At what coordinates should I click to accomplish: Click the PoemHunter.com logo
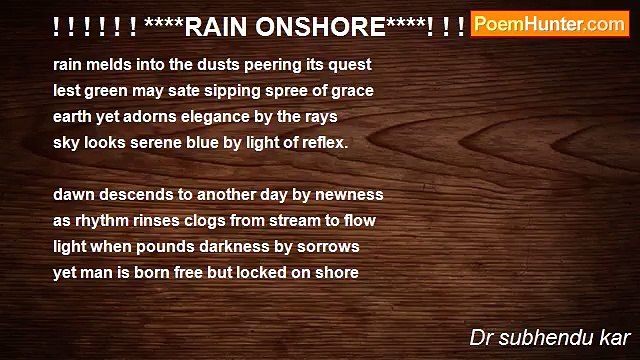tap(549, 24)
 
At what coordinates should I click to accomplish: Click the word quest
tap(351, 64)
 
